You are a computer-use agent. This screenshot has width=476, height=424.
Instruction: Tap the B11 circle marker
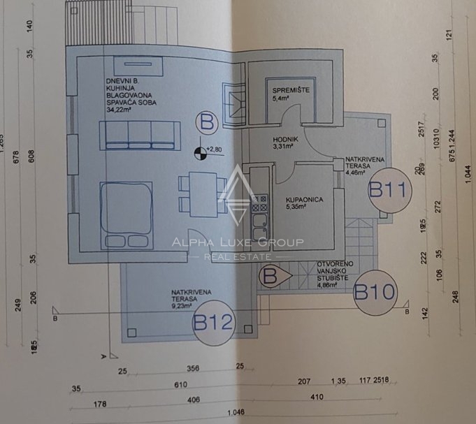click(387, 189)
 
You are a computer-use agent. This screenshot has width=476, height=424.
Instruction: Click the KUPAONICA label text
click(303, 199)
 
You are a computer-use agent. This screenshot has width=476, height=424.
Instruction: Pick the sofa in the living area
click(137, 134)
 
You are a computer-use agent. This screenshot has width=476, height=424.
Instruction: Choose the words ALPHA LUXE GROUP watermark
click(238, 243)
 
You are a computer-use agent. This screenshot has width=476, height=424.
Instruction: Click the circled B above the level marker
click(208, 123)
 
